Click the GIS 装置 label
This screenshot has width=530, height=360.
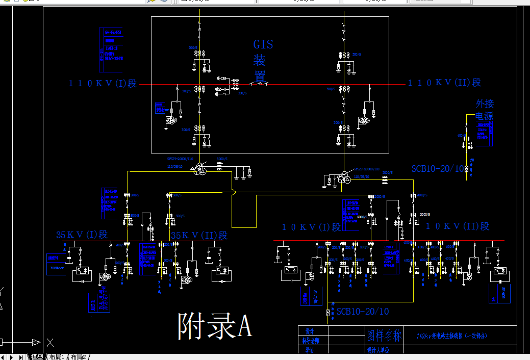point(263,61)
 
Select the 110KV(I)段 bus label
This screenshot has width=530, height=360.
point(103,83)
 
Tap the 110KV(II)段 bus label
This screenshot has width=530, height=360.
point(444,83)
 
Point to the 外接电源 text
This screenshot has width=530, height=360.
point(485,110)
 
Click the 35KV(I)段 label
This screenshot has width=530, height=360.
point(82,235)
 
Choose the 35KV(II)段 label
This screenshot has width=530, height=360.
point(199,235)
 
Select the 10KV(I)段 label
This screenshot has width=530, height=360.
point(312,227)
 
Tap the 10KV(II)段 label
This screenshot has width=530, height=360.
point(458,226)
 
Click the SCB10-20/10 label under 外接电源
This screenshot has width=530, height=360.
point(438,169)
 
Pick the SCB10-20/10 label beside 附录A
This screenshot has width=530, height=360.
point(363,312)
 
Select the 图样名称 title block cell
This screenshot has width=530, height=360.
point(385,336)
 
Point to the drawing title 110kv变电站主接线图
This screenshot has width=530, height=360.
point(452,336)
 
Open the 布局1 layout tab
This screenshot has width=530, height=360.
point(57,356)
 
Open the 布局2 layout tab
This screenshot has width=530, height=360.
point(79,356)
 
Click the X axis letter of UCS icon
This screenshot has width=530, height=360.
point(51,343)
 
